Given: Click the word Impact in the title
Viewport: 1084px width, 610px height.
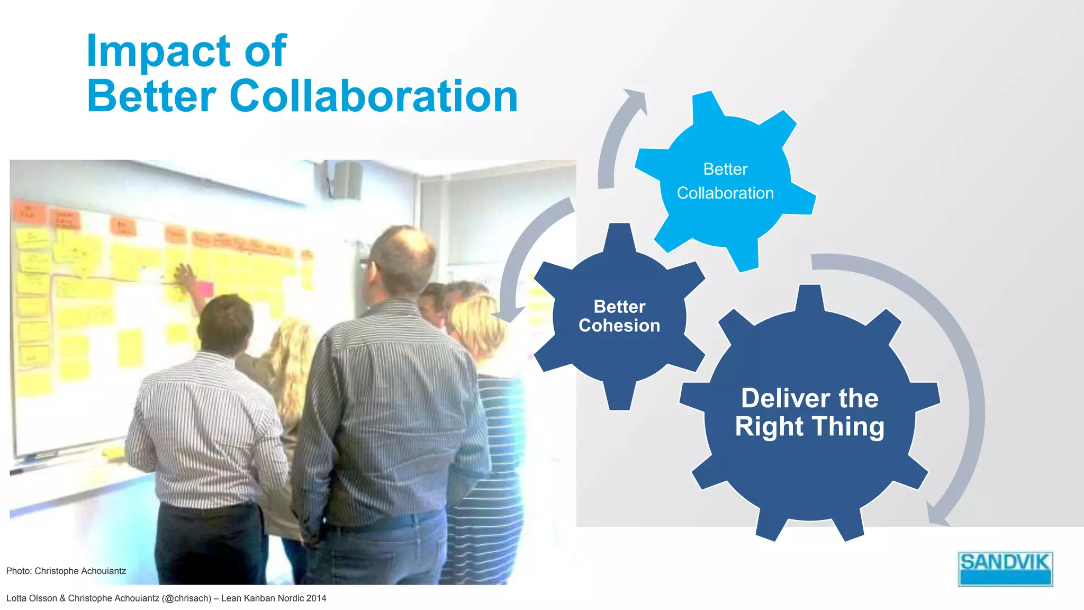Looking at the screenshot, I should tap(158, 51).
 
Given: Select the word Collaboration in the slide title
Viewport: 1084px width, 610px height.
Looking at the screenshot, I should tap(373, 96).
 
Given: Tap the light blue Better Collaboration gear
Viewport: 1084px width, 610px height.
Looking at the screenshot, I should tap(725, 181).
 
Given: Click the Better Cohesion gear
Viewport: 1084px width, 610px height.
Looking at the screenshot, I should tap(619, 316).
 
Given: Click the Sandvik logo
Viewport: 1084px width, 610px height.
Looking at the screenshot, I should tap(1005, 569).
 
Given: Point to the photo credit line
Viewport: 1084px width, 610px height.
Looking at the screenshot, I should tap(66, 571).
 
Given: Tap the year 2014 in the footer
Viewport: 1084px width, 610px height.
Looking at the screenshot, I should tap(316, 598).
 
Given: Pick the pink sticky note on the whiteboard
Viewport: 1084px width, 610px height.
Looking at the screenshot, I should tap(204, 289).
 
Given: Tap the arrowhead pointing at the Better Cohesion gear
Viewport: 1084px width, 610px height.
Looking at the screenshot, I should tap(508, 313).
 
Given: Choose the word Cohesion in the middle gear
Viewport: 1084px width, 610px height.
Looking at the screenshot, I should tap(619, 326).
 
